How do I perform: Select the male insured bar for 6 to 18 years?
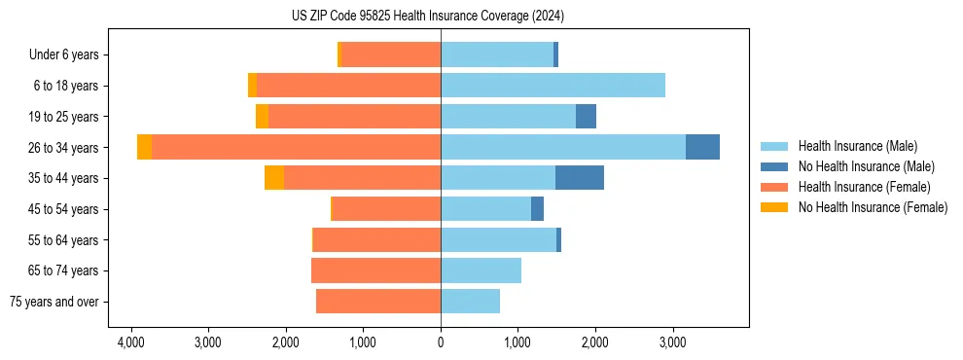click(553, 86)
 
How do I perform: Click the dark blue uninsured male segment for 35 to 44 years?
click(579, 178)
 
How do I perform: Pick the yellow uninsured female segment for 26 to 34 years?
click(144, 147)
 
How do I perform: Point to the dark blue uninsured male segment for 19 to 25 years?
click(586, 117)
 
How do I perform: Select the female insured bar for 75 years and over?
click(378, 302)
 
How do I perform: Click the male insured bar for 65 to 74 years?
click(481, 270)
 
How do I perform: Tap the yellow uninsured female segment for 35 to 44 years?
click(274, 178)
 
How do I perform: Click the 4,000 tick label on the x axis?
click(131, 342)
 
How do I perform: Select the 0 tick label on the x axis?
click(441, 342)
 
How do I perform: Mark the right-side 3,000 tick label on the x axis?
click(672, 342)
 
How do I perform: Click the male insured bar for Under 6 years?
click(496, 55)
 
